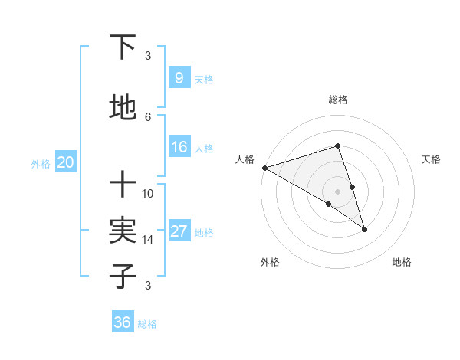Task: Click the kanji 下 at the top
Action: coord(123,47)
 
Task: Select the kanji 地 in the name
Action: coord(123,108)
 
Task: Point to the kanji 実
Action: coord(123,231)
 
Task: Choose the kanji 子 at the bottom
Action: coord(123,276)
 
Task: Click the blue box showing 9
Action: coord(179,78)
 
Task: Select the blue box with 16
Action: coord(179,148)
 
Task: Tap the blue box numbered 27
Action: coord(179,232)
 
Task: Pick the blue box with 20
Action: coord(65,162)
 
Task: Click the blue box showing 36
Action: coord(123,322)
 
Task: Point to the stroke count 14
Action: coord(148,240)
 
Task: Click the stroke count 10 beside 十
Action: coord(148,193)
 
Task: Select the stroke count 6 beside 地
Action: coord(148,116)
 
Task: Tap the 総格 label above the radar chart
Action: coord(338,100)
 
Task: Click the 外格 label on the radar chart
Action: coord(270,262)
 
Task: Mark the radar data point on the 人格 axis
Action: coord(264,168)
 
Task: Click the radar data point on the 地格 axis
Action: coord(364,229)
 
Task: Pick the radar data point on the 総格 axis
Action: coord(338,146)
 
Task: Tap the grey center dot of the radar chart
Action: coord(338,191)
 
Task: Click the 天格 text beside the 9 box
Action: coord(204,80)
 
